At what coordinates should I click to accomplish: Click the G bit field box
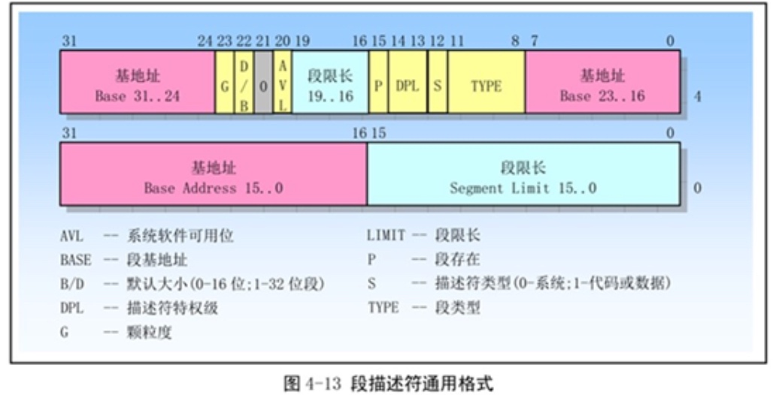pos(225,82)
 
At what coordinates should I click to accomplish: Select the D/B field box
pos(244,82)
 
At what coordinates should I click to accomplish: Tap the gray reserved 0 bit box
pos(263,82)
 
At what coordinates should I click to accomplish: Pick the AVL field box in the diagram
pos(283,82)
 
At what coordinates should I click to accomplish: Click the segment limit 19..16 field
pos(331,82)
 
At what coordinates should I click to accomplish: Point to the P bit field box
pos(378,82)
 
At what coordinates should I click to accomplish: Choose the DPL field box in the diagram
pos(408,82)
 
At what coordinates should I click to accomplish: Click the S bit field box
pos(438,82)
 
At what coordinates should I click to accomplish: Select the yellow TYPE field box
pos(487,82)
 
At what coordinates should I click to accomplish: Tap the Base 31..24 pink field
pos(138,82)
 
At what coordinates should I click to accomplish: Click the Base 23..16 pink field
pos(603,82)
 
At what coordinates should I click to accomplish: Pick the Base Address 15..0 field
pos(214,174)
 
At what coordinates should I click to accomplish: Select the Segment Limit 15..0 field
pos(523,174)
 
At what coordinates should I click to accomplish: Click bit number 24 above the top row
pos(205,41)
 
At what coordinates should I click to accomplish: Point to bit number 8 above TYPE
pos(515,41)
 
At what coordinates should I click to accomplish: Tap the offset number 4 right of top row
pos(697,96)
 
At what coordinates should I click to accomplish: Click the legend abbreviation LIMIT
pos(386,235)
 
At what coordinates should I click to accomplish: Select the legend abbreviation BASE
pos(76,260)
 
